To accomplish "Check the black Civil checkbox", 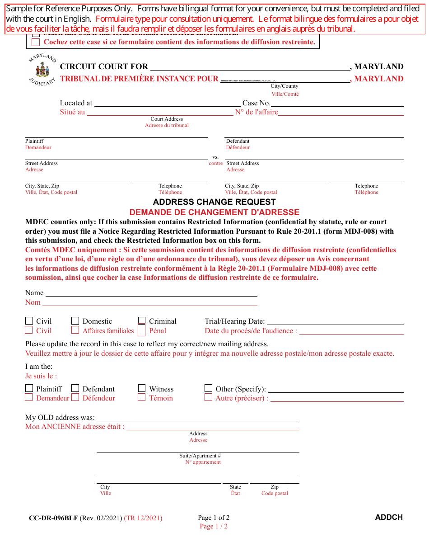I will tap(29, 320).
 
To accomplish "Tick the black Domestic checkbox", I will tap(75, 320).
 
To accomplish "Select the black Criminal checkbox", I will tap(142, 320).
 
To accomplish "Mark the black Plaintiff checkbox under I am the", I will tap(29, 388).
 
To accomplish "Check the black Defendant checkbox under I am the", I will tap(75, 388).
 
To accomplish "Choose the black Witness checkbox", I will tap(142, 388).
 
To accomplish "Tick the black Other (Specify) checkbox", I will tap(208, 388).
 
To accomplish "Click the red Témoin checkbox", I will tap(142, 397).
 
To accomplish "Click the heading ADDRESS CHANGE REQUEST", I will tap(214, 202).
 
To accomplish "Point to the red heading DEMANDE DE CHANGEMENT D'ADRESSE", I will tap(214, 212).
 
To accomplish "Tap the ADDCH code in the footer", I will tap(389, 517).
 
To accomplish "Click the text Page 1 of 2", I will tap(214, 518).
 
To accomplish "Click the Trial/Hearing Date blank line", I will tap(335, 324).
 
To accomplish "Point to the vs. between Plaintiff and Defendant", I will tap(215, 157).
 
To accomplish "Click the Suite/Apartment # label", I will tap(200, 456).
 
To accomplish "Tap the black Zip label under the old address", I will tap(275, 487).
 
